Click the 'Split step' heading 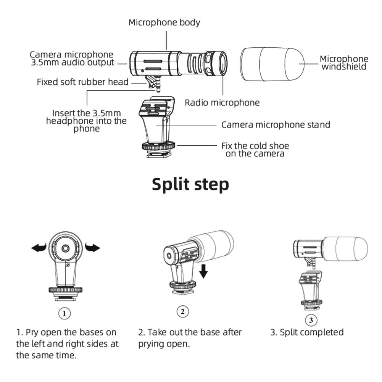pos(190,184)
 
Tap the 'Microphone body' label pos(164,23)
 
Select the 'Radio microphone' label pos(222,102)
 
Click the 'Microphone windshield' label pos(343,63)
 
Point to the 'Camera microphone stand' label pos(276,125)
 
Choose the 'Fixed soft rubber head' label pos(82,82)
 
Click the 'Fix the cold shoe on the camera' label pos(255,150)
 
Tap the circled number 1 pos(64,313)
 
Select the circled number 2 pos(183,311)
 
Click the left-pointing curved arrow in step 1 pos(39,248)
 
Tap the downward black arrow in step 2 pos(204,271)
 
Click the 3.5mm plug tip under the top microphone pos(157,89)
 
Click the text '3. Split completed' pos(307,332)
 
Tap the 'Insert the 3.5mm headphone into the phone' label pos(86,121)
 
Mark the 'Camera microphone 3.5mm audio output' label pos(72,59)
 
